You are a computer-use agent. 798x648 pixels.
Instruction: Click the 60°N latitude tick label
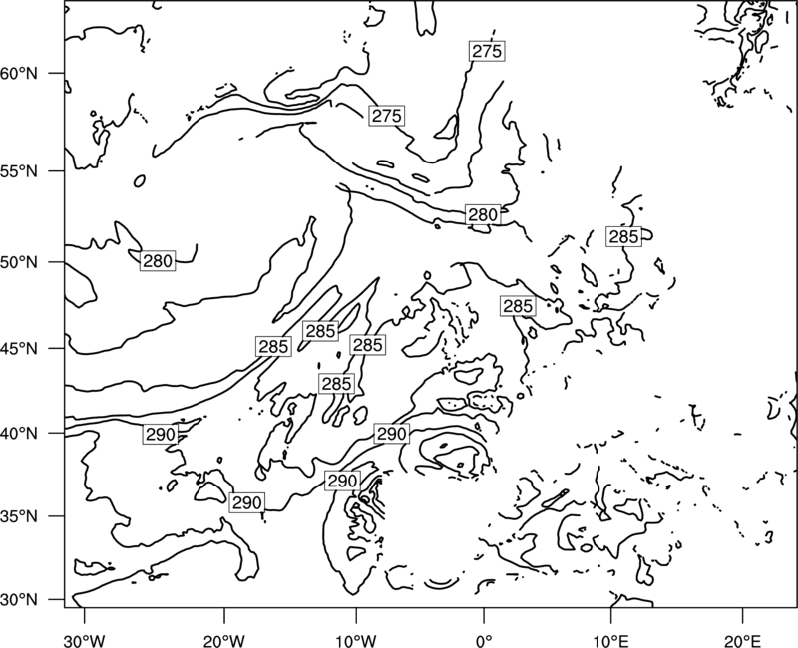tap(19, 73)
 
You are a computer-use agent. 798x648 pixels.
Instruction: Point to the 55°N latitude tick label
tap(19, 171)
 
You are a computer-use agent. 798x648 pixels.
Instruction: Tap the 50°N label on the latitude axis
tap(19, 262)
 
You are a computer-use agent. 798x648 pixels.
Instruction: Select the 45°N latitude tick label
tap(19, 348)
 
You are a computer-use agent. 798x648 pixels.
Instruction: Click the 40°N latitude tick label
tap(19, 434)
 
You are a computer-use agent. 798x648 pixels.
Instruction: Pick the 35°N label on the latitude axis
tap(19, 516)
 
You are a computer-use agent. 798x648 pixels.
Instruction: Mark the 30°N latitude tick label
tap(19, 600)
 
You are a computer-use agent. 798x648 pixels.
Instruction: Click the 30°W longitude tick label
tap(85, 640)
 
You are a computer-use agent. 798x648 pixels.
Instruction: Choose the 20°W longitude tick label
tap(224, 640)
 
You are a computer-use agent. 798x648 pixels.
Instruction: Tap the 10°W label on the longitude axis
tap(356, 640)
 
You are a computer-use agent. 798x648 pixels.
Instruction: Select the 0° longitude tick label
tap(484, 640)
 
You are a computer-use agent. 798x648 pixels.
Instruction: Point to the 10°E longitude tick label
tap(610, 640)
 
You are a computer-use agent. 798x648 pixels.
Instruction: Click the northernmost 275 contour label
tap(487, 51)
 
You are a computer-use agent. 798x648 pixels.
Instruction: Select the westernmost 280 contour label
tap(158, 261)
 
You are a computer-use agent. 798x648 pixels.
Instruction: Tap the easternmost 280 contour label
tap(483, 214)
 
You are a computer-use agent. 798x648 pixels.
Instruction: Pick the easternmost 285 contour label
tap(624, 236)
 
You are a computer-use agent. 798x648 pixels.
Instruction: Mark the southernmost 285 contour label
tap(336, 383)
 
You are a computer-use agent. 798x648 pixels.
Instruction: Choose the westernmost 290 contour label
tap(161, 435)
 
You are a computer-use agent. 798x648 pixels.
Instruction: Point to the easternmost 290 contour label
tap(391, 434)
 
